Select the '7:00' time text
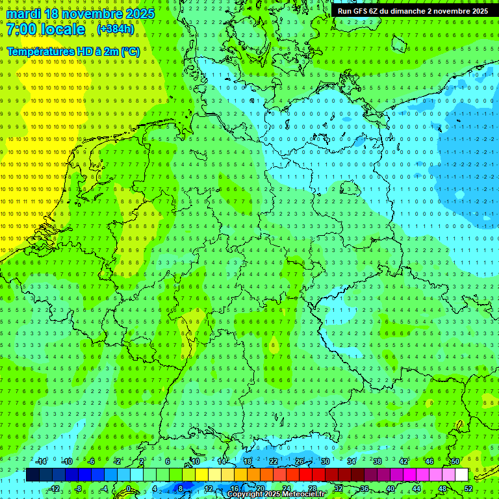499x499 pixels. tap(21, 29)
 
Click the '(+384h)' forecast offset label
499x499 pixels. tap(116, 29)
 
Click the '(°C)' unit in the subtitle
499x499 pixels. tap(130, 51)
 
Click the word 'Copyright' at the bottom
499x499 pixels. tap(245, 494)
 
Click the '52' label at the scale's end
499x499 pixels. tap(469, 489)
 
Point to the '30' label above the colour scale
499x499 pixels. tap(325, 461)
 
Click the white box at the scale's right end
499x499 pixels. tap(461, 475)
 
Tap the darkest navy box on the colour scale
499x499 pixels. tap(32, 475)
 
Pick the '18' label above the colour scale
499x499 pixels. tap(247, 461)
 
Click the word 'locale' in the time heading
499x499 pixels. tap(62, 29)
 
